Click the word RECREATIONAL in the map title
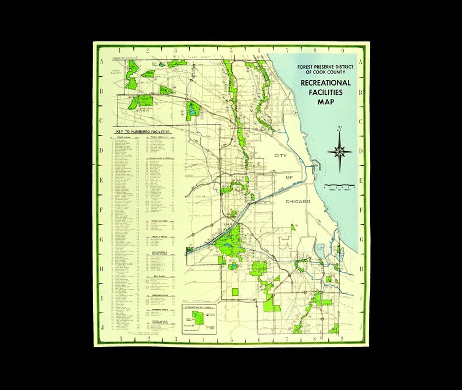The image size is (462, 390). point(325,83)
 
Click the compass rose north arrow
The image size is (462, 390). point(339,146)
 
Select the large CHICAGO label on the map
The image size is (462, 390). point(298,201)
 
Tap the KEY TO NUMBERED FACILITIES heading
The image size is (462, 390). point(143,132)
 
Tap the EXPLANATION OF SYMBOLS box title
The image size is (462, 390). point(199,305)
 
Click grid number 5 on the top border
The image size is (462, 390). point(231,50)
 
